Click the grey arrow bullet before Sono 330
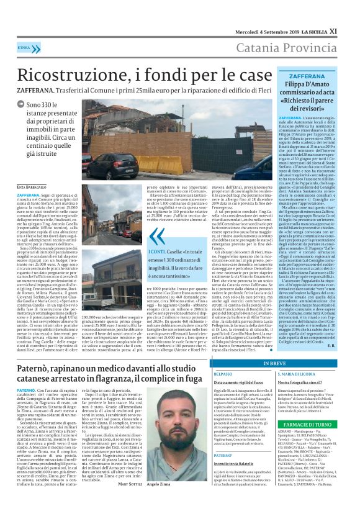coord(20,106)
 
